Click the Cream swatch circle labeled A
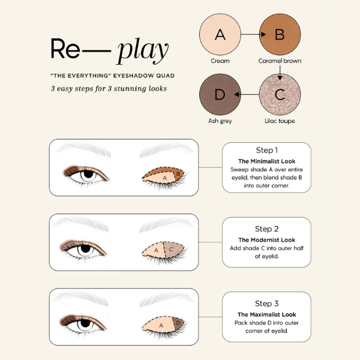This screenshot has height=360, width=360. tap(220, 35)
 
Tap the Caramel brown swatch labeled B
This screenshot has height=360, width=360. tap(279, 35)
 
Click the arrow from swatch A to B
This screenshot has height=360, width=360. tap(250, 35)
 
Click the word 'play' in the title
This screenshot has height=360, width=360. tap(143, 51)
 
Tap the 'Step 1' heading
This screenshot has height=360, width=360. tap(266, 150)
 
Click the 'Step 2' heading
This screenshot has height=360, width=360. tap(266, 229)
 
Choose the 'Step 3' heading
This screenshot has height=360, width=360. tap(266, 304)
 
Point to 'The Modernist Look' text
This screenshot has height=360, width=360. tap(266, 239)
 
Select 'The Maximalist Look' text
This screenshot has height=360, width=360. tap(266, 314)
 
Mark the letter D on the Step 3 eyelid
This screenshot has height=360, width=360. tap(178, 323)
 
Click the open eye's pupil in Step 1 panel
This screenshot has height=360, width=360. tap(88, 175)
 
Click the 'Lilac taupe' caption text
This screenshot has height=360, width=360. tap(279, 121)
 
